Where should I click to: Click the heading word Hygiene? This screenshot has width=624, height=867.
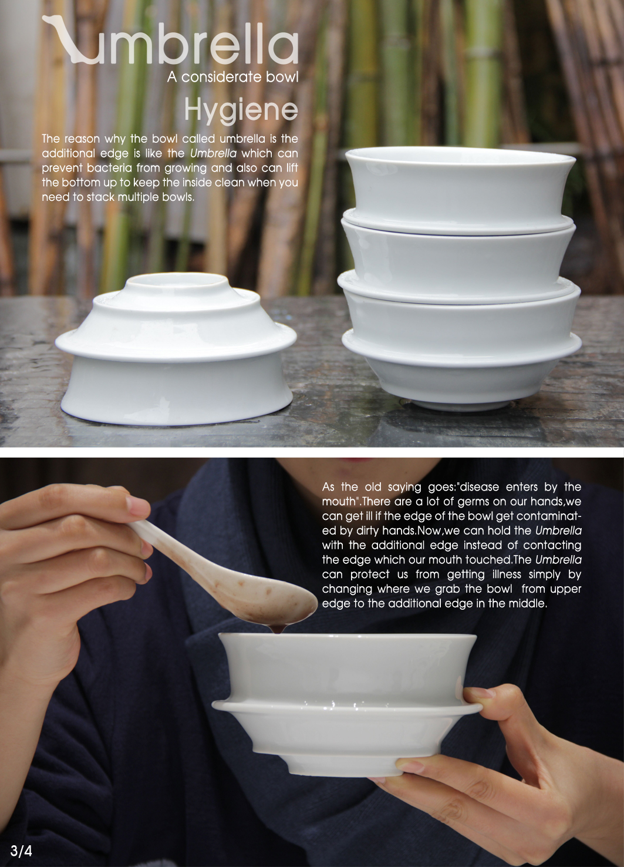[241, 110]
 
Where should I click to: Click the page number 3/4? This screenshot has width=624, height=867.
[21, 851]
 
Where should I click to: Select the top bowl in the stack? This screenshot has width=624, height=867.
[460, 182]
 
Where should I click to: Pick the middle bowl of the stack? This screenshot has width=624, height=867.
[458, 258]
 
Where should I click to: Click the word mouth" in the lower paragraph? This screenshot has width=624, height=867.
[340, 502]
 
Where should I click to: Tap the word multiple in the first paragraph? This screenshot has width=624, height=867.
[139, 197]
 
